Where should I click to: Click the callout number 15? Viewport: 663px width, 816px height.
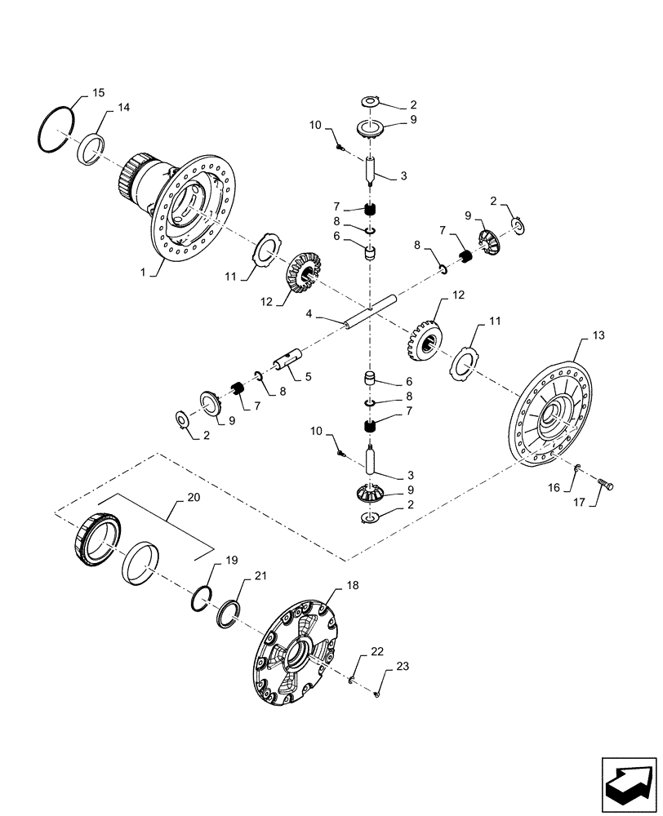pyautogui.click(x=97, y=94)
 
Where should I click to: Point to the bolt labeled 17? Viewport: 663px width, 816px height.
pyautogui.click(x=603, y=486)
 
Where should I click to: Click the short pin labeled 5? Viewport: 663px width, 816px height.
pyautogui.click(x=290, y=359)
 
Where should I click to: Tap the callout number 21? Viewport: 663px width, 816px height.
pyautogui.click(x=260, y=576)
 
